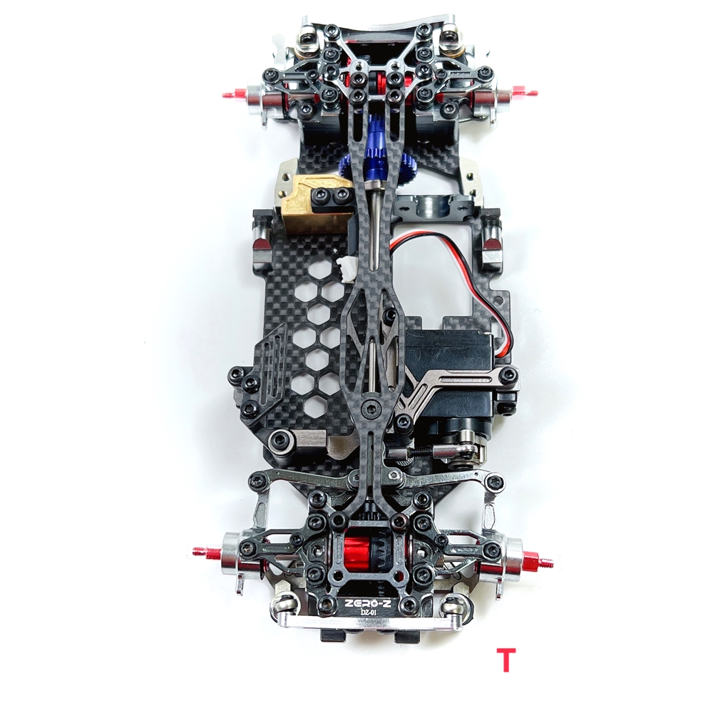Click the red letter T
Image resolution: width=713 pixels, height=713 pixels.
(506, 660)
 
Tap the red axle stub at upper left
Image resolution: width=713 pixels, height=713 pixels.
(236, 93)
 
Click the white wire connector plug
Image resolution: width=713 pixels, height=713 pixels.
(347, 270)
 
